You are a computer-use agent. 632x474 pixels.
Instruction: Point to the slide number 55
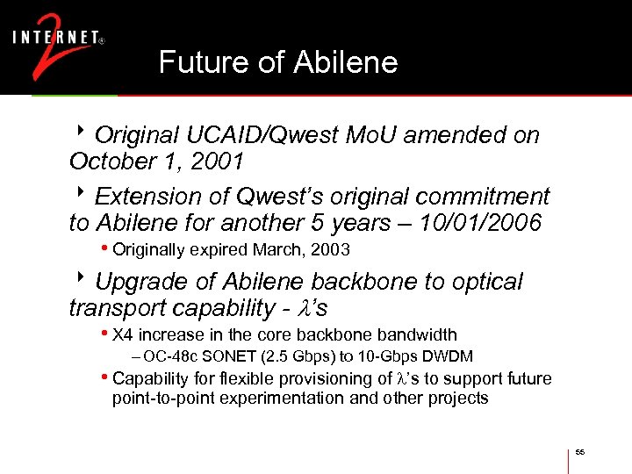click(x=580, y=452)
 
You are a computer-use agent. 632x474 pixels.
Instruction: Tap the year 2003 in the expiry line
click(x=332, y=250)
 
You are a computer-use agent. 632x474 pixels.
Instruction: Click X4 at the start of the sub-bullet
click(x=123, y=334)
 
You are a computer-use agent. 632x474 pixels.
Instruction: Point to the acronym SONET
click(x=231, y=356)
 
